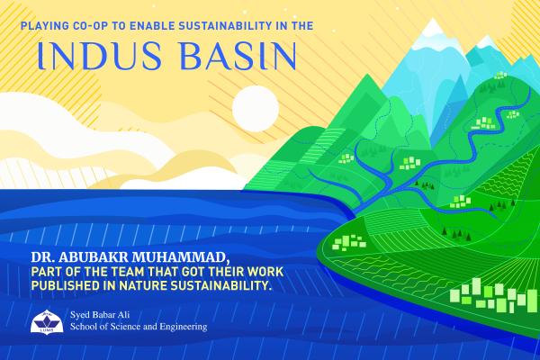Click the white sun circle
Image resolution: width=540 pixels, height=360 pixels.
[x=256, y=109]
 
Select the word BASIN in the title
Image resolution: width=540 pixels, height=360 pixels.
[x=238, y=56]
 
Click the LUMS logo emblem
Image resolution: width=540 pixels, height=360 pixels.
[x=47, y=322]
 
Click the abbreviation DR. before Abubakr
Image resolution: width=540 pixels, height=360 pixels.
[x=43, y=257]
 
